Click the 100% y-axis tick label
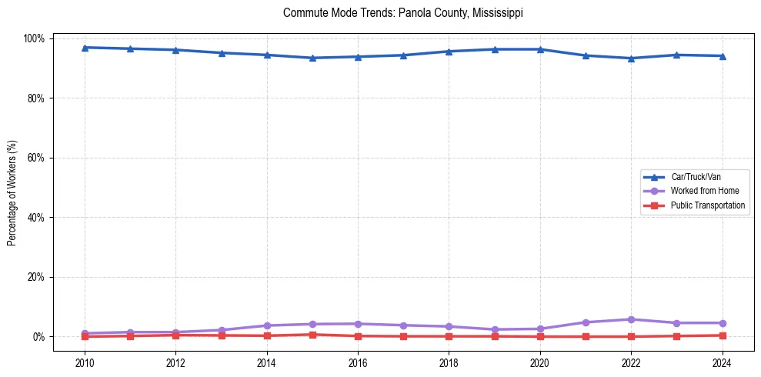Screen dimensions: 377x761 [x=36, y=38]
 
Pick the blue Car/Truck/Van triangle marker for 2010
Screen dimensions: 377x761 [x=85, y=48]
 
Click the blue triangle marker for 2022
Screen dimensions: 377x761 [x=631, y=58]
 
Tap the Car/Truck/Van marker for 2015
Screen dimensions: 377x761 [x=312, y=58]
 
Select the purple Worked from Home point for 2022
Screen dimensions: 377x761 [x=631, y=319]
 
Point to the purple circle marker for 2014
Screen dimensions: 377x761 [x=267, y=325]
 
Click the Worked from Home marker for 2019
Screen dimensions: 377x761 [x=495, y=329]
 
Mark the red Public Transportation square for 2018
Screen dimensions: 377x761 [x=449, y=336]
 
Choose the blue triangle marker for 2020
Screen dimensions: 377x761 [x=540, y=49]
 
